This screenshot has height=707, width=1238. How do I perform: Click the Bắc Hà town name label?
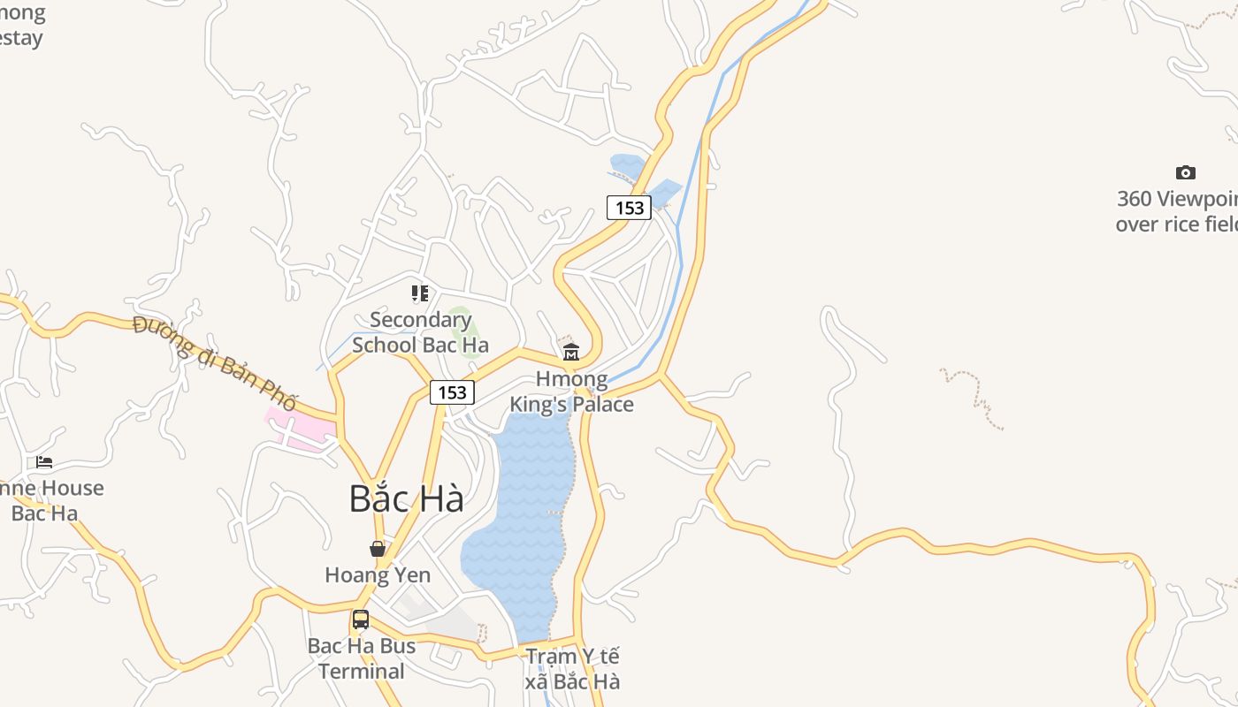click(x=406, y=498)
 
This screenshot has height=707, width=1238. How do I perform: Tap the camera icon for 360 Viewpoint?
click(x=1185, y=172)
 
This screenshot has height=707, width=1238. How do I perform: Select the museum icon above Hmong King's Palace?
click(x=571, y=353)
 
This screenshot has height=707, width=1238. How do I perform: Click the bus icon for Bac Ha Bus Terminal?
click(x=361, y=620)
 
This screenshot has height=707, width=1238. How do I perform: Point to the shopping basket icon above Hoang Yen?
click(x=378, y=549)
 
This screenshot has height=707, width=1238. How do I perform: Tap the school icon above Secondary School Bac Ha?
click(x=420, y=293)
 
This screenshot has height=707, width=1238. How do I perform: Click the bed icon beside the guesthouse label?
click(x=44, y=462)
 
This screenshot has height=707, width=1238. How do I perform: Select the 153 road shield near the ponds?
click(x=629, y=208)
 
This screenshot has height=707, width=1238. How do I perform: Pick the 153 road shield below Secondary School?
click(x=452, y=392)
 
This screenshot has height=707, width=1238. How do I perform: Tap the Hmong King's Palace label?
click(x=571, y=392)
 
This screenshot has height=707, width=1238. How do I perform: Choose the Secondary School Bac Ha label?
click(x=420, y=332)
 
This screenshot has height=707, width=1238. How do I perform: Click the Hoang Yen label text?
click(x=378, y=575)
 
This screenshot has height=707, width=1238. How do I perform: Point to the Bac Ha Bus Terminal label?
click(x=361, y=658)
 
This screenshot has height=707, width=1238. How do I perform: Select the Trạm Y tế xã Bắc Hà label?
click(x=572, y=669)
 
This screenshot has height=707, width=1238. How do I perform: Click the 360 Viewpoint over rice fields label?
click(x=1176, y=211)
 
